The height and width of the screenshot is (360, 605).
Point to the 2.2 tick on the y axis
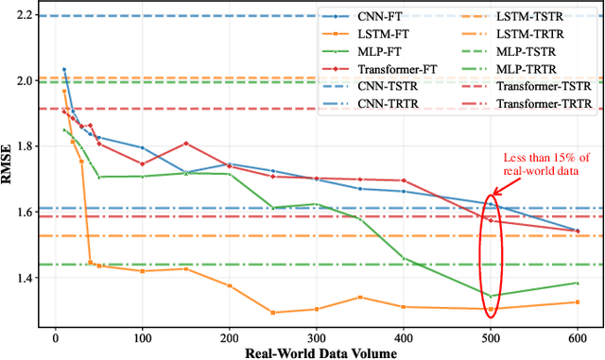click(x=26, y=16)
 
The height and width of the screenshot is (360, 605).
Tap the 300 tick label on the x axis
click(x=317, y=336)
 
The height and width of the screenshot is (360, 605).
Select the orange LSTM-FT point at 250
click(x=273, y=312)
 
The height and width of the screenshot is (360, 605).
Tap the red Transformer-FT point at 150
click(x=186, y=144)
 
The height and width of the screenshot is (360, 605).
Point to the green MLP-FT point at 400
click(x=404, y=258)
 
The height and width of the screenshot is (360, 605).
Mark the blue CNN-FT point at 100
click(x=143, y=147)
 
